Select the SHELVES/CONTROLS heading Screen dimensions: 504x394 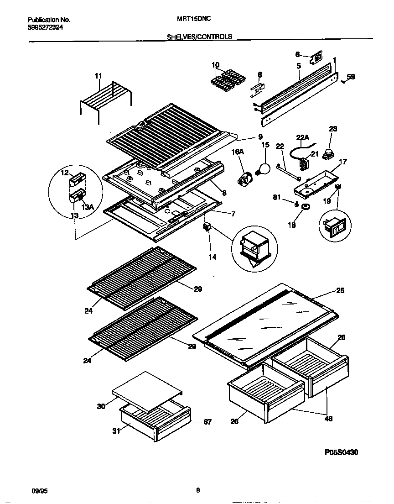[199, 37]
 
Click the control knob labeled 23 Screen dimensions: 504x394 [327, 155]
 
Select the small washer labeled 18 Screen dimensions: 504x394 [305, 208]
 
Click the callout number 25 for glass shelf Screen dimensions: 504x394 [340, 290]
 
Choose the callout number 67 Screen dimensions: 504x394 [207, 422]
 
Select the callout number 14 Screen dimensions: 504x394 [213, 257]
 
